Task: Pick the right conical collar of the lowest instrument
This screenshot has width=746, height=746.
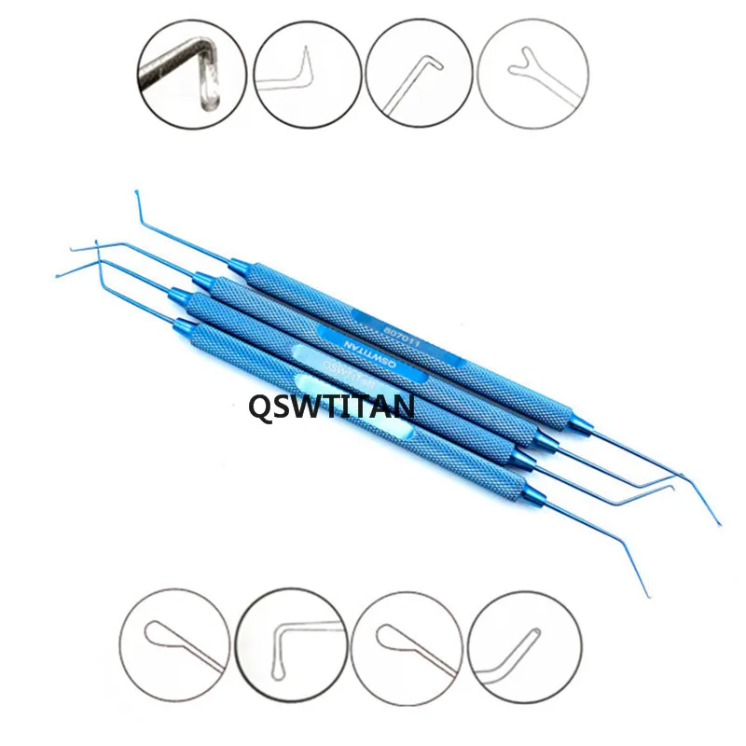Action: pyautogui.click(x=516, y=487)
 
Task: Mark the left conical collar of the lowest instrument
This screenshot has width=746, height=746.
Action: pyautogui.click(x=185, y=327)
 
